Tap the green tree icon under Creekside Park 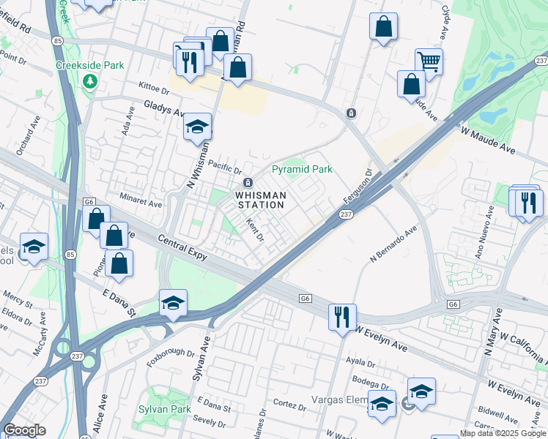[x=90, y=81]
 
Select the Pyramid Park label [x=302, y=169]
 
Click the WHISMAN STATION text [x=259, y=200]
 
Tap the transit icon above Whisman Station [x=248, y=182]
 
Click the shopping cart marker [x=429, y=62]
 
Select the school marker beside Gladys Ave [x=197, y=127]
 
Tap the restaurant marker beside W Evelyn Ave [x=342, y=318]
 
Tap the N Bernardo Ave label [x=393, y=244]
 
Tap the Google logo [x=23, y=430]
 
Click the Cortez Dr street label [x=289, y=405]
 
